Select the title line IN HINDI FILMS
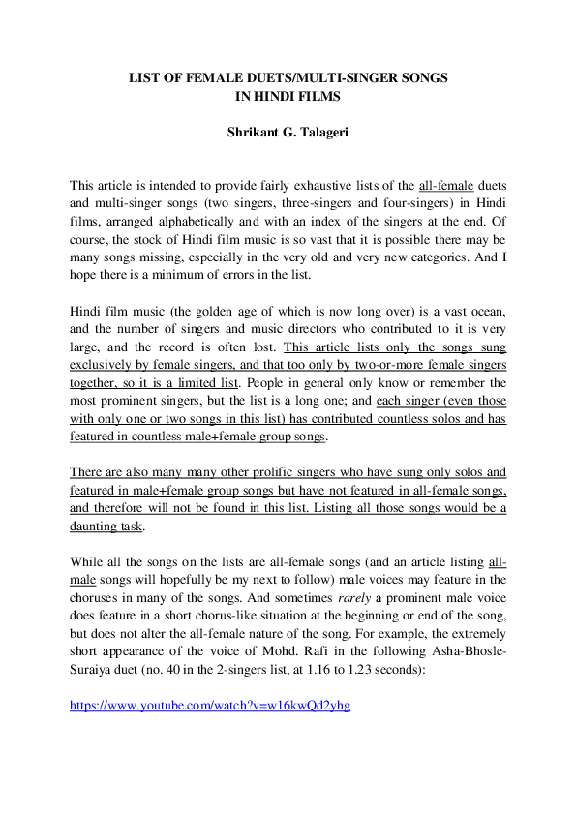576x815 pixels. pos(288,95)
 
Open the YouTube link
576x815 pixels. pos(210,705)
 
